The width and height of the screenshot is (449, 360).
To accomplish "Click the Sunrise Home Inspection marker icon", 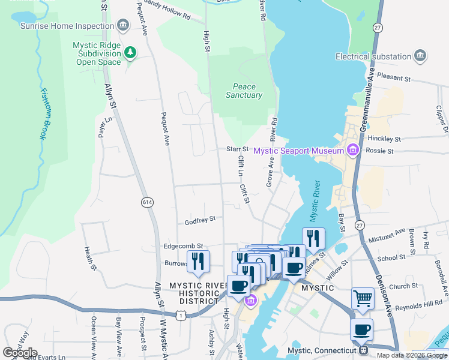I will (x=123, y=26).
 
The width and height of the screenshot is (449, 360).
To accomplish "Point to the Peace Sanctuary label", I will (x=244, y=91).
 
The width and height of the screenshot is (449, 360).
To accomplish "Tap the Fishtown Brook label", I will (x=43, y=114).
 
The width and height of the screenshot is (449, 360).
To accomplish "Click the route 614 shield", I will (x=147, y=203).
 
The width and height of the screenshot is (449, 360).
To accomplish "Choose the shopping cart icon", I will (x=363, y=298).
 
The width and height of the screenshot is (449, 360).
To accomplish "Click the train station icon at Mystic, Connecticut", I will (x=363, y=350).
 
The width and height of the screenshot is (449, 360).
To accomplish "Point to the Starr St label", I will (x=237, y=149).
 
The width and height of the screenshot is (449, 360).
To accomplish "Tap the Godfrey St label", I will (x=200, y=220).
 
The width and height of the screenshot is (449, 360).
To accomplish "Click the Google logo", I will (x=20, y=352).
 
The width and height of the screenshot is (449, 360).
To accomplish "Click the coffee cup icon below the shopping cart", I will (x=362, y=329).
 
